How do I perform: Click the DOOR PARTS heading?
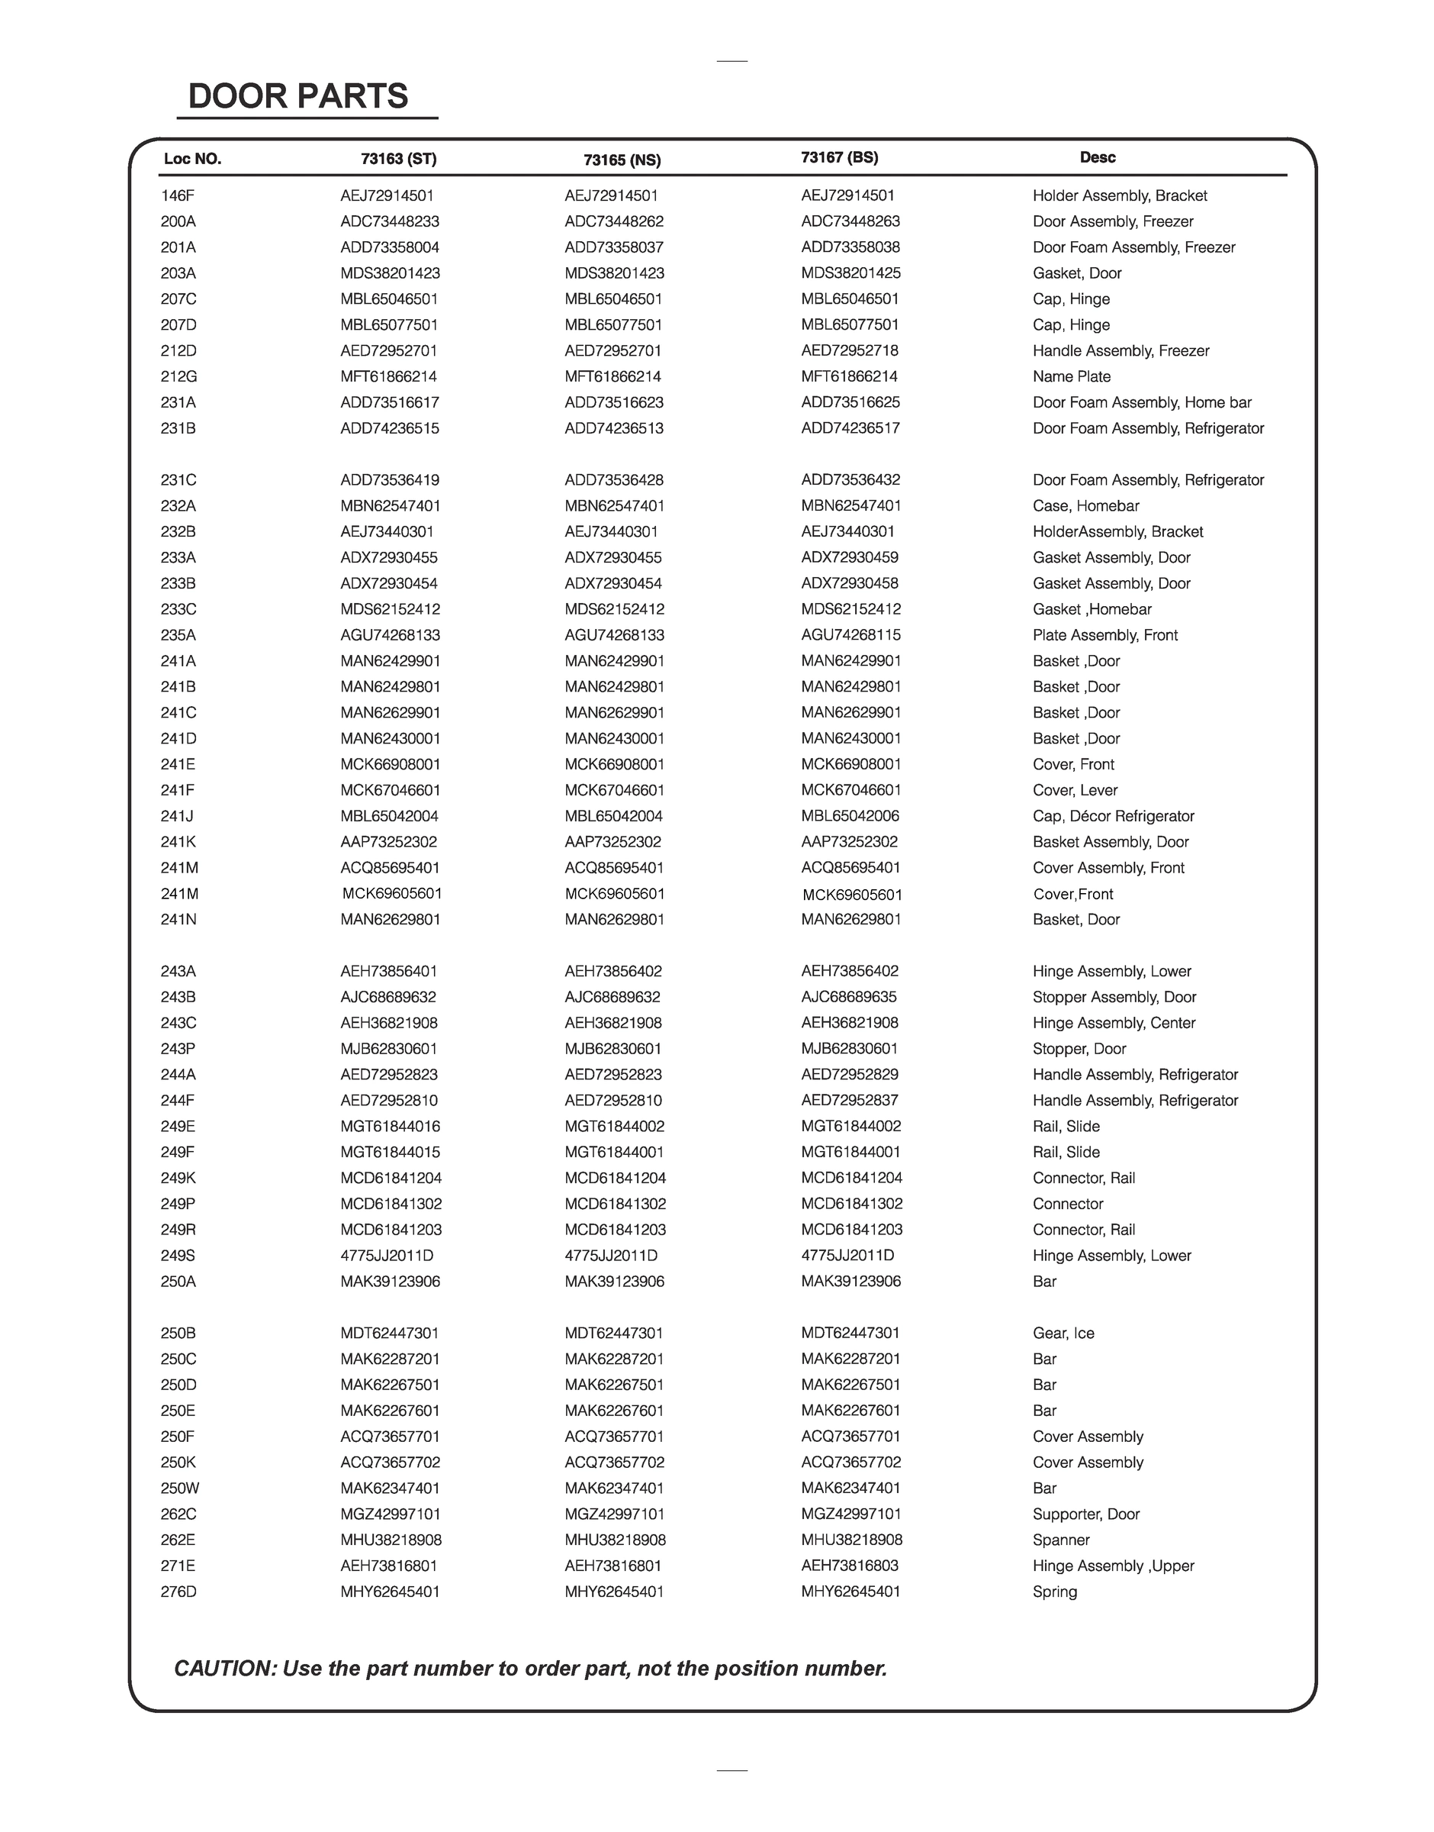(x=298, y=97)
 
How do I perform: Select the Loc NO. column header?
(x=192, y=159)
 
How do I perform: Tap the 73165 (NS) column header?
(x=622, y=160)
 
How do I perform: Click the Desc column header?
(x=1098, y=157)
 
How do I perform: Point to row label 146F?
(x=177, y=195)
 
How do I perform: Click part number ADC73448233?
(x=390, y=222)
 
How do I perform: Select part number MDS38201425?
(x=850, y=273)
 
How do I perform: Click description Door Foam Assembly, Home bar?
(x=1142, y=402)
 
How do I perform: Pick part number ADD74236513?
(x=614, y=428)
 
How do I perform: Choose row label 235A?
(x=178, y=635)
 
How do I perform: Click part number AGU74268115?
(x=850, y=635)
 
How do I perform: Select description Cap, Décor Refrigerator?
(x=1114, y=816)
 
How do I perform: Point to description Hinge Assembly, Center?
(x=1114, y=1022)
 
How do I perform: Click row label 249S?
(x=178, y=1255)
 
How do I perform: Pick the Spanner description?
(x=1061, y=1540)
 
